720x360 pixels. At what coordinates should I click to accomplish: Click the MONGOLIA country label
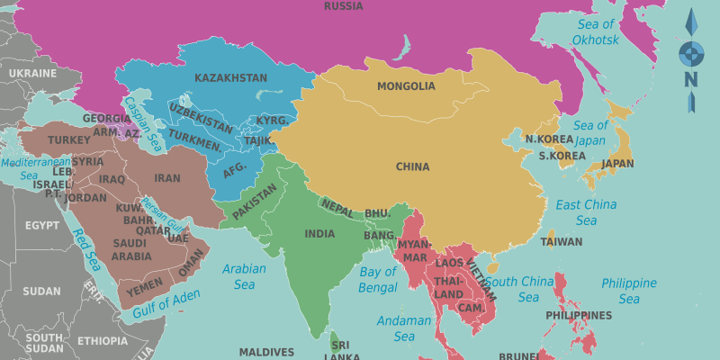[406, 87]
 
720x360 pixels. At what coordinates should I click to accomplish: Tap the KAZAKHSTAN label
[230, 78]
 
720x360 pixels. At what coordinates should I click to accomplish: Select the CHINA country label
[412, 166]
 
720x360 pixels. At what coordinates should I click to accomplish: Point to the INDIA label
[319, 234]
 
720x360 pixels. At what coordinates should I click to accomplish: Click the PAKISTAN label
[255, 202]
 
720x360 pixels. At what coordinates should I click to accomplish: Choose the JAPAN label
[617, 164]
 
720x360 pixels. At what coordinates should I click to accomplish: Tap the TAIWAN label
[562, 242]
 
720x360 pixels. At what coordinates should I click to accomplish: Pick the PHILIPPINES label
[579, 316]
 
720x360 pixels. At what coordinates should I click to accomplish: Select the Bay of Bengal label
[378, 279]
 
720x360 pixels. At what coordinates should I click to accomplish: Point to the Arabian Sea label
[245, 276]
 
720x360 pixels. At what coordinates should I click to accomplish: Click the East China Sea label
[586, 212]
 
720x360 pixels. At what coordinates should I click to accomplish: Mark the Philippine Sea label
[629, 291]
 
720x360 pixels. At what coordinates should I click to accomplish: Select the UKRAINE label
[32, 73]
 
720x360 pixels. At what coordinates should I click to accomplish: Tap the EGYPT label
[41, 225]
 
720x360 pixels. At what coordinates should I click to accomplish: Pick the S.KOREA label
[562, 156]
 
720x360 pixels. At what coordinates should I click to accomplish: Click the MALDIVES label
[266, 352]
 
